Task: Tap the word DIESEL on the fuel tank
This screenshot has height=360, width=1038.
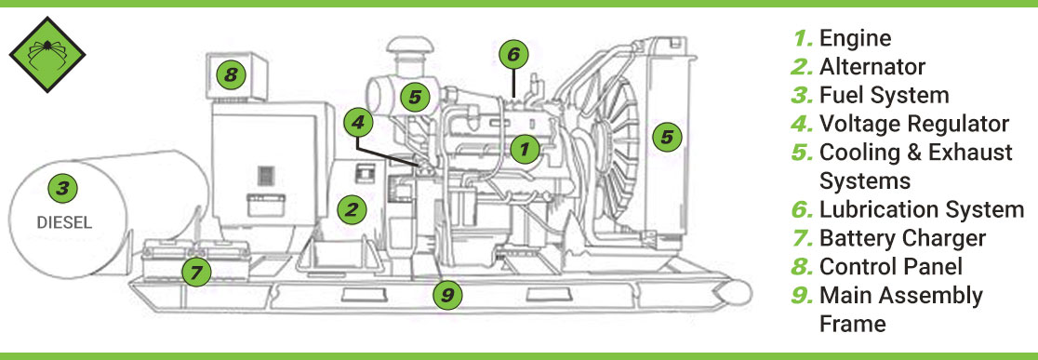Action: point(60,223)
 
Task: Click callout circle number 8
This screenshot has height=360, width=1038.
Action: point(232,73)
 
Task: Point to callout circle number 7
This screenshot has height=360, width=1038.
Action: point(195,273)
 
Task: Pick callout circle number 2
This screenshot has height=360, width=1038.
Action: point(351,209)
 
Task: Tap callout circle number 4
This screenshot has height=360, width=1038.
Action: point(357,121)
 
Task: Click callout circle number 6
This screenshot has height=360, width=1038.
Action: point(512,54)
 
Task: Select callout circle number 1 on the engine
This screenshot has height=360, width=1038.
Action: point(525,147)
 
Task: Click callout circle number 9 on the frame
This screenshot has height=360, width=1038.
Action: point(447,296)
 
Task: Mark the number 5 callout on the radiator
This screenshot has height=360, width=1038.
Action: point(665,137)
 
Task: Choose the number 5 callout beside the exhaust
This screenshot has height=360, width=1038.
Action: point(416,95)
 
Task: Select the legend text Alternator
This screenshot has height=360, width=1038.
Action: point(872,67)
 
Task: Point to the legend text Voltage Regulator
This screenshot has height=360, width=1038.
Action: point(913,124)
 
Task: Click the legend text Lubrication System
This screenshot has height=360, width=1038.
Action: point(921,209)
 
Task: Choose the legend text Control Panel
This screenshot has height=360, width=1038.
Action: point(890,267)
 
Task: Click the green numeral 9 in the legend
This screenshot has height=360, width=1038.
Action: point(802,296)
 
